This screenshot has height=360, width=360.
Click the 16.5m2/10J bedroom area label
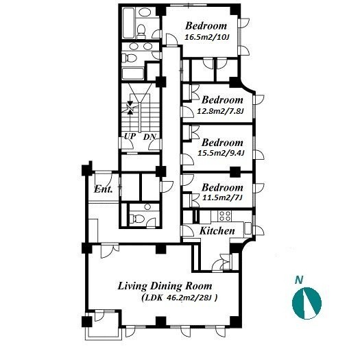point(207,37)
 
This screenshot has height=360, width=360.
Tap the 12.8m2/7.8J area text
point(220,111)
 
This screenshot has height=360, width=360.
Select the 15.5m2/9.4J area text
point(221,153)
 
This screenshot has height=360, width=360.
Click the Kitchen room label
point(217,230)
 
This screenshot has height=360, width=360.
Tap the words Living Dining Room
point(165,286)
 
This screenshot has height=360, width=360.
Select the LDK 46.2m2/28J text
point(180,298)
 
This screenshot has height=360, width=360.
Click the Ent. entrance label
point(104,189)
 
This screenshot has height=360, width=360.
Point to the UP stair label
point(130,136)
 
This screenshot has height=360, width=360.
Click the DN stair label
point(149,137)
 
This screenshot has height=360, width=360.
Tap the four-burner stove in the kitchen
point(225,216)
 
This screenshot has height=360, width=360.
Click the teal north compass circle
point(307,303)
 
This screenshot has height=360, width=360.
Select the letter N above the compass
point(299,280)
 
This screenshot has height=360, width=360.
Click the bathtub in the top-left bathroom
point(128,23)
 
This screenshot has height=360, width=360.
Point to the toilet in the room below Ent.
point(137,219)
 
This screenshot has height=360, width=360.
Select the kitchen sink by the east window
point(248,228)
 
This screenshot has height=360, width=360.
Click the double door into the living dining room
point(110,250)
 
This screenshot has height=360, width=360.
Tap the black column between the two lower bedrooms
point(235,171)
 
